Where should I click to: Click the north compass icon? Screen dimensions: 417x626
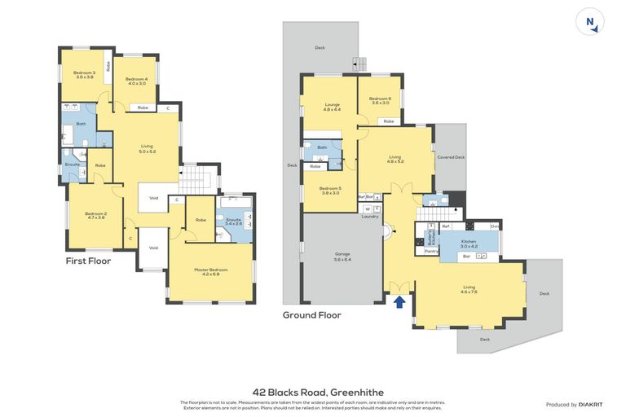(x=590, y=22)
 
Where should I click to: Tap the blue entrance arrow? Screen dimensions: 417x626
(x=399, y=302)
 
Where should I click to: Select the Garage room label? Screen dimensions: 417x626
(x=342, y=257)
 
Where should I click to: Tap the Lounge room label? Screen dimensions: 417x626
(x=332, y=106)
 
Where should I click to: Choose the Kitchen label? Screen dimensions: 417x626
(x=468, y=243)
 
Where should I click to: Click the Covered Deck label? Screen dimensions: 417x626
(x=451, y=157)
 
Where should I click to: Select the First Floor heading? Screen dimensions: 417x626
(x=88, y=261)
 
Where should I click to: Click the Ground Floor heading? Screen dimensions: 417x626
(x=311, y=314)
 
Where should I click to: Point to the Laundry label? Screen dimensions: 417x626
(x=370, y=217)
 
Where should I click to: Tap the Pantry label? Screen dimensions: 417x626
(x=431, y=251)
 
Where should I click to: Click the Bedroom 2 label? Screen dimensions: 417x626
(x=95, y=216)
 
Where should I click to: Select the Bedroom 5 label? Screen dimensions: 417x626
(x=330, y=191)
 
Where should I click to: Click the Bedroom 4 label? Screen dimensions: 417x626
(x=135, y=81)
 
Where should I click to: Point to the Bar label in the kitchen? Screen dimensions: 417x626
(x=466, y=256)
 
